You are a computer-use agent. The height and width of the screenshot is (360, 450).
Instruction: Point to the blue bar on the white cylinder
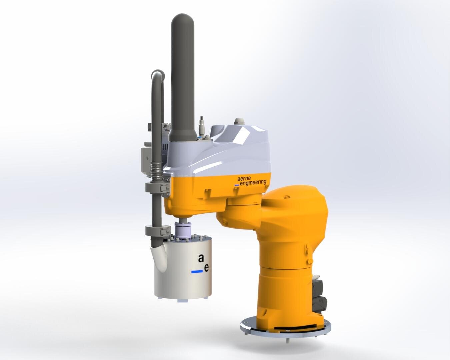pyautogui.click(x=197, y=272)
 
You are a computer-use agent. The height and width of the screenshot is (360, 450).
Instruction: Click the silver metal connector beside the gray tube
pyautogui.click(x=202, y=125)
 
